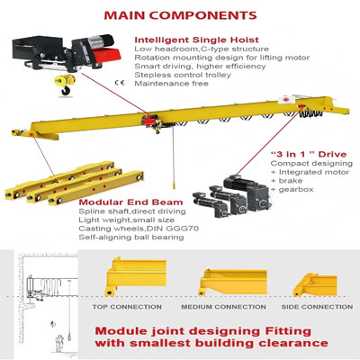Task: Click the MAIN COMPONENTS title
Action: point(180,16)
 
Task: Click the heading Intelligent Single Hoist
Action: point(197,40)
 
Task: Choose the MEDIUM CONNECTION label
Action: point(224,306)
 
